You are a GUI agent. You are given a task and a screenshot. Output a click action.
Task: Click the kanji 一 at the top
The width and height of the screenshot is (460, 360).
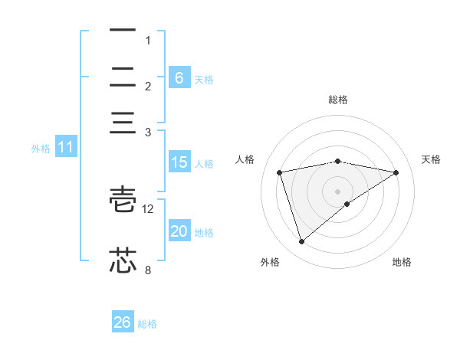pos(122,31)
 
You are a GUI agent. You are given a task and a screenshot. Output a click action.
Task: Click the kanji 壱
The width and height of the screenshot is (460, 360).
pos(122,201)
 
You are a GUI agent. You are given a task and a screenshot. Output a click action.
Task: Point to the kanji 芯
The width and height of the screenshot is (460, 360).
pos(122,260)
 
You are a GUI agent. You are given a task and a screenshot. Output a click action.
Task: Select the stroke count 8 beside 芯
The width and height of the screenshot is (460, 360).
pos(148,270)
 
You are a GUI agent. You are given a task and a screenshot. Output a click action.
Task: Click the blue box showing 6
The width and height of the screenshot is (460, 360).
pos(179,77)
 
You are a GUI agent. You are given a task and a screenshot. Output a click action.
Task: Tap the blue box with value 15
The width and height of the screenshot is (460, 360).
pos(179,162)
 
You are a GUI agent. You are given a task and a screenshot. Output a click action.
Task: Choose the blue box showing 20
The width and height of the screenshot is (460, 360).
pos(179,231)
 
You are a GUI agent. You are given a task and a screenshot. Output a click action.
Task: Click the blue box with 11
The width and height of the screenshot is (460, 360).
pos(65,148)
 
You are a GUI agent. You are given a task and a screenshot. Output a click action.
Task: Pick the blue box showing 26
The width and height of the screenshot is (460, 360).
pos(122,322)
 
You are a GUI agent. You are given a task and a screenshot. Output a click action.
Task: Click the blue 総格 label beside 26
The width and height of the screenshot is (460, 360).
pos(147,324)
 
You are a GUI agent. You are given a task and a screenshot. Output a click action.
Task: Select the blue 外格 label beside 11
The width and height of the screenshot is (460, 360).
pos(41,149)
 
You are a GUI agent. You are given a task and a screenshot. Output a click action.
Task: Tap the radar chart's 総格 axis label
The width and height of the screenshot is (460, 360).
pos(337,100)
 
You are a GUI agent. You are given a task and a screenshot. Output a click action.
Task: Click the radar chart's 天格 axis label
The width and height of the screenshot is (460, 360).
pos(432,159)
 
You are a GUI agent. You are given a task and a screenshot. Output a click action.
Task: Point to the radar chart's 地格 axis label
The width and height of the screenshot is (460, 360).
pos(402,262)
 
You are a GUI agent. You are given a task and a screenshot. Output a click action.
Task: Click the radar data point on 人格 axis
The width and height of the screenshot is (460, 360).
pos(280,172)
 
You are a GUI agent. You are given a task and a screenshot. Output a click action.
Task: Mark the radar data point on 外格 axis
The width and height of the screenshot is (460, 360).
pos(301,242)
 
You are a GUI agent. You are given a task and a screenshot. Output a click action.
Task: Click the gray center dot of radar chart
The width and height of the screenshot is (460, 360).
pos(337,191)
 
